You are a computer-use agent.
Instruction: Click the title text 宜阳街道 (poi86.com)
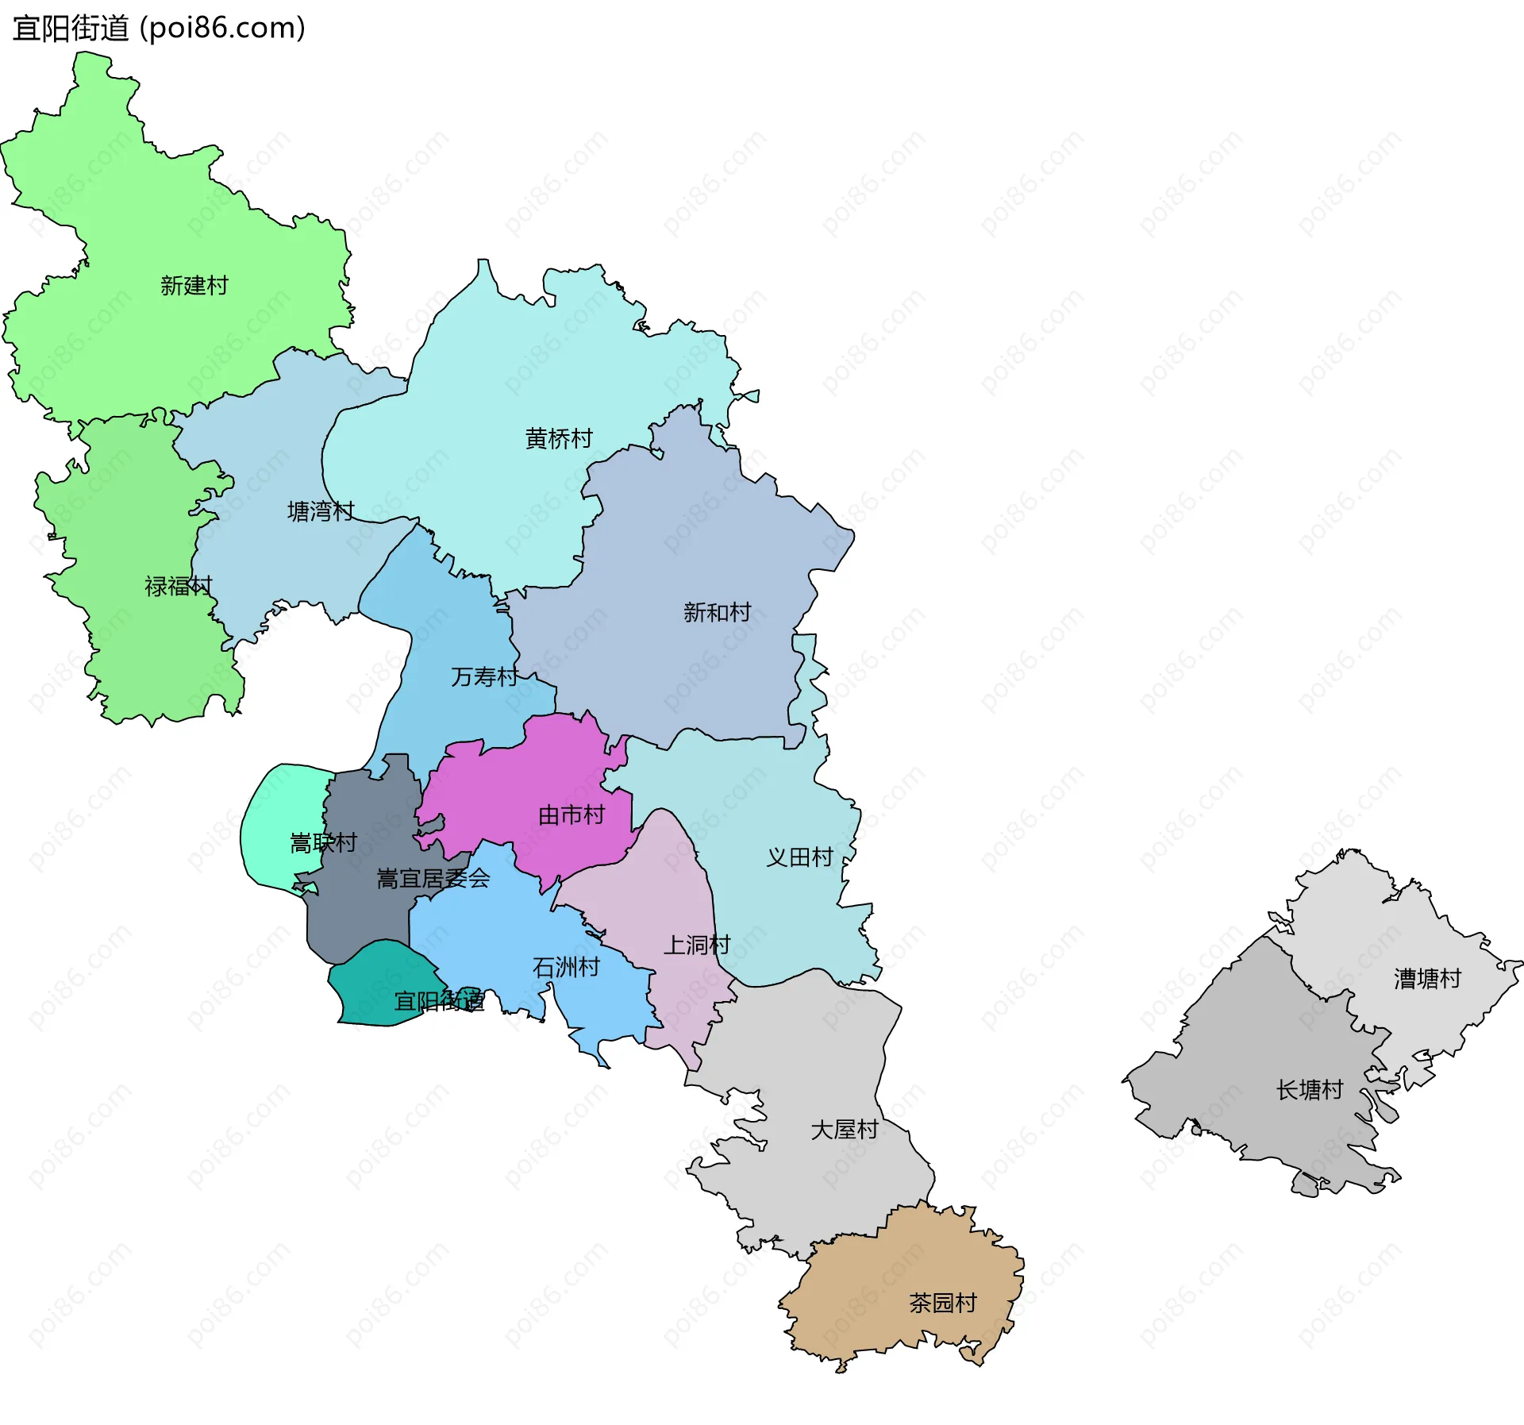[159, 29]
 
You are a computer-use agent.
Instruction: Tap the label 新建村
[194, 285]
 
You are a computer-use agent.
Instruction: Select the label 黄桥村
[558, 438]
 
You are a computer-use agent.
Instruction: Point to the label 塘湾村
[320, 511]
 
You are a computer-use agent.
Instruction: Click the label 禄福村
[178, 586]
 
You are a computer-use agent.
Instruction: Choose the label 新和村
[716, 612]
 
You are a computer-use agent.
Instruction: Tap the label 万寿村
[483, 676]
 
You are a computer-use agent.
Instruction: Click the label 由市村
[571, 815]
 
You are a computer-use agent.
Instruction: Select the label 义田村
[799, 857]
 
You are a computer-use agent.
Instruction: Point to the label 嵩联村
[323, 842]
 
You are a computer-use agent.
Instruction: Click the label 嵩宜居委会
[433, 878]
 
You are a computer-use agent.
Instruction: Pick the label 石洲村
[565, 967]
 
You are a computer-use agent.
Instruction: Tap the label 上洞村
[696, 945]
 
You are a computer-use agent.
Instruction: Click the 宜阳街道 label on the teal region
[439, 1001]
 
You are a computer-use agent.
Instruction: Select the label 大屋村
[844, 1129]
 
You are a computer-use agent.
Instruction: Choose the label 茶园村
[942, 1303]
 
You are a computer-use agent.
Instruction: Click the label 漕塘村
[1426, 979]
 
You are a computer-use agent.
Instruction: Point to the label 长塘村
[1309, 1090]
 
